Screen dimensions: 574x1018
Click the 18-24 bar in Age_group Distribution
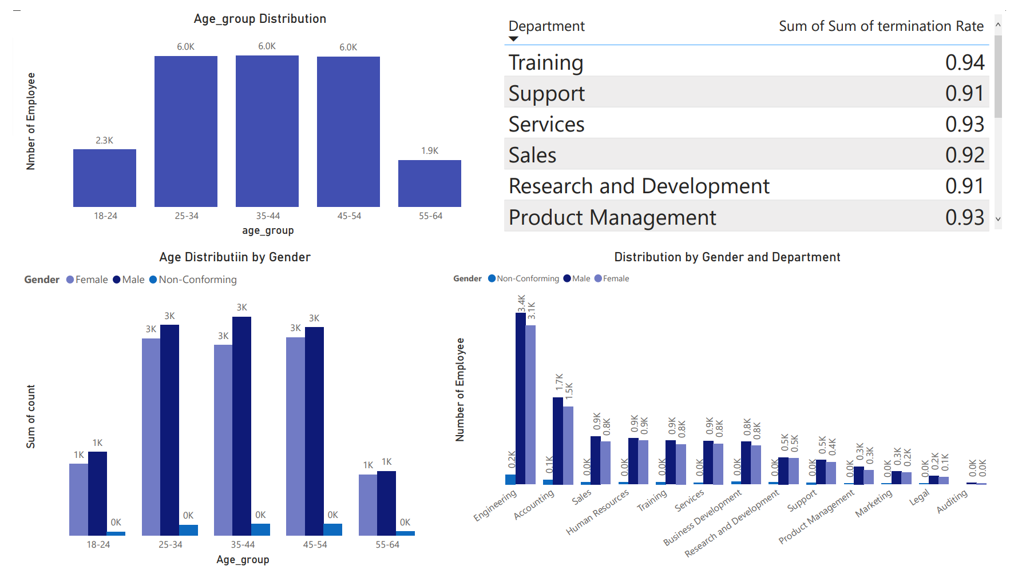105,178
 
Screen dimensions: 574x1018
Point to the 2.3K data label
104,141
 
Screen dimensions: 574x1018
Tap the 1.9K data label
430,151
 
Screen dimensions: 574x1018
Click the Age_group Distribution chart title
260,19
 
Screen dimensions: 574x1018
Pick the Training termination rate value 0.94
964,62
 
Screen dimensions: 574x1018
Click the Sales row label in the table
532,155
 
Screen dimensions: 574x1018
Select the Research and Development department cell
639,186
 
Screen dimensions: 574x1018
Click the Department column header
546,26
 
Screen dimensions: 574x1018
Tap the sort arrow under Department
513,39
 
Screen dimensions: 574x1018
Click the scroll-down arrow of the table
998,219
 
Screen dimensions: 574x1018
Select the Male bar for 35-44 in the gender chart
241,426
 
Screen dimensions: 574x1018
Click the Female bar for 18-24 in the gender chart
78,499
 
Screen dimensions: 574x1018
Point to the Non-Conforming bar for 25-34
188,530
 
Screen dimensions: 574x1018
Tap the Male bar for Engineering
520,398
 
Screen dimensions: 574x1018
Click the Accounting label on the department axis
534,505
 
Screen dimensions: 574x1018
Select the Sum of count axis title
31,416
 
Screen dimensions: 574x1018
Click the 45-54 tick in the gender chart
315,545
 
